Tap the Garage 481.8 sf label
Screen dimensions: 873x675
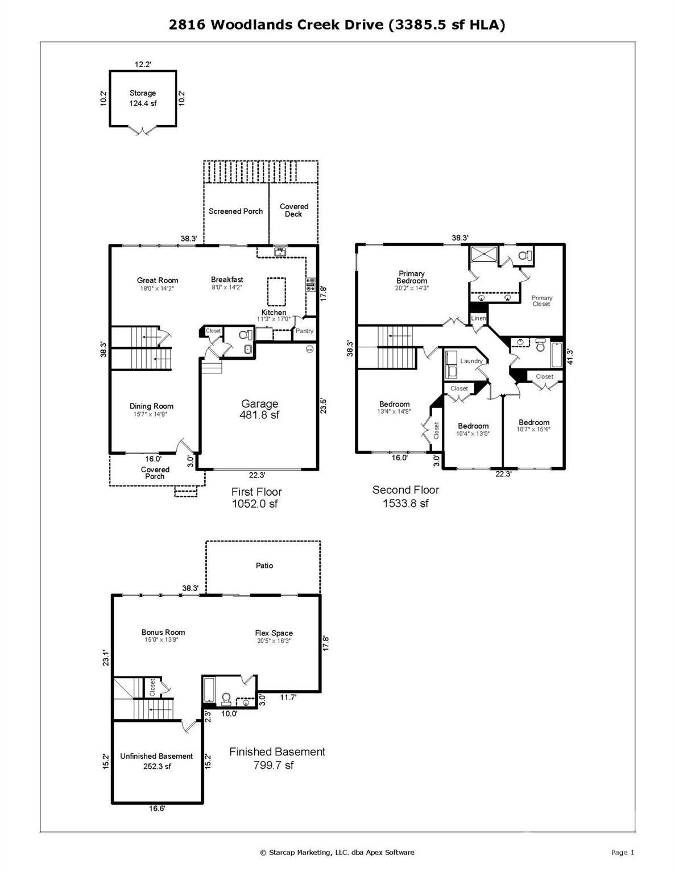click(x=259, y=409)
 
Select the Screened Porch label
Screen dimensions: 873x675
click(x=235, y=211)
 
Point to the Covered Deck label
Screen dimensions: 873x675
click(x=294, y=210)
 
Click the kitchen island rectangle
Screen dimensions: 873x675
click(x=276, y=291)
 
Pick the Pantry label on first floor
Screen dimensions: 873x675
click(x=304, y=331)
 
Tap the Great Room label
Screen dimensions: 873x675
click(x=158, y=280)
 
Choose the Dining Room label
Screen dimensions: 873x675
click(x=151, y=406)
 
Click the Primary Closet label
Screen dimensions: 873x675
click(x=541, y=301)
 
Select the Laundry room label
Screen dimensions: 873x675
click(x=471, y=361)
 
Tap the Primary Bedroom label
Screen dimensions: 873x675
click(x=412, y=277)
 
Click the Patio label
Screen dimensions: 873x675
click(x=264, y=566)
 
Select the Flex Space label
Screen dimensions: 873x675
click(x=274, y=633)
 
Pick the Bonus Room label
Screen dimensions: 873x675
click(x=163, y=633)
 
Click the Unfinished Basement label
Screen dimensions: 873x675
click(x=156, y=756)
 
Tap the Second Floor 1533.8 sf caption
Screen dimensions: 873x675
click(x=405, y=496)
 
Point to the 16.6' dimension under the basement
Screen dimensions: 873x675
click(x=157, y=808)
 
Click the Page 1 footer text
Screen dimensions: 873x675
click(x=622, y=852)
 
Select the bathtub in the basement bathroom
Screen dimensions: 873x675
click(x=209, y=691)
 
